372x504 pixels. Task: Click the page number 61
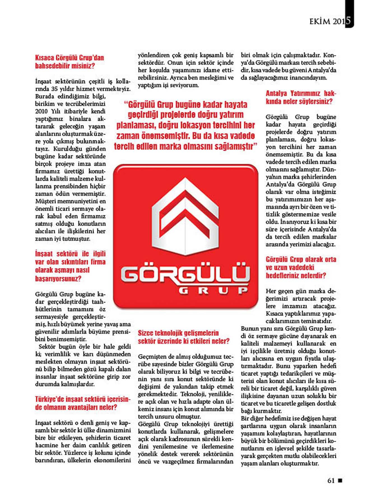click(331, 480)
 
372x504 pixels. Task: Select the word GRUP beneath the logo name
click(213, 291)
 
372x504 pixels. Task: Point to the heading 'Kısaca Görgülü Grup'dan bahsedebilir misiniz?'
click(69, 62)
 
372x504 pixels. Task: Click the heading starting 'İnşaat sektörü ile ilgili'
click(70, 266)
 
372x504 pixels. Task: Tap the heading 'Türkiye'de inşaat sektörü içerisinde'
click(83, 403)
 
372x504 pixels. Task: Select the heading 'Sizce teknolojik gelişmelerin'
click(183, 337)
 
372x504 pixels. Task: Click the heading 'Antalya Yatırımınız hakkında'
click(301, 97)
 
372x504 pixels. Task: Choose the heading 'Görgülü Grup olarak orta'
click(301, 267)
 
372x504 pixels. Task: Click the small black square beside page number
click(340, 480)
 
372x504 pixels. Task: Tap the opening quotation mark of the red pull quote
click(125, 105)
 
